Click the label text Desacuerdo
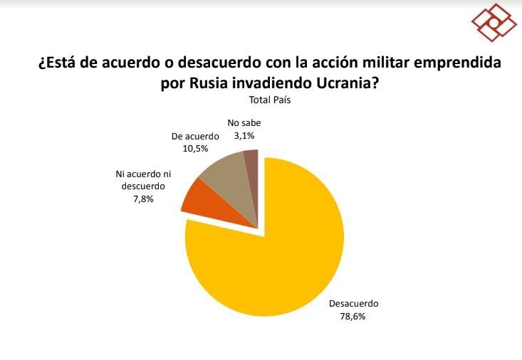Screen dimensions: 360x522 click(353, 303)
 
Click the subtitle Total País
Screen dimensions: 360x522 click(270, 100)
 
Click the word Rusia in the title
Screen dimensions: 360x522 click(211, 83)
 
